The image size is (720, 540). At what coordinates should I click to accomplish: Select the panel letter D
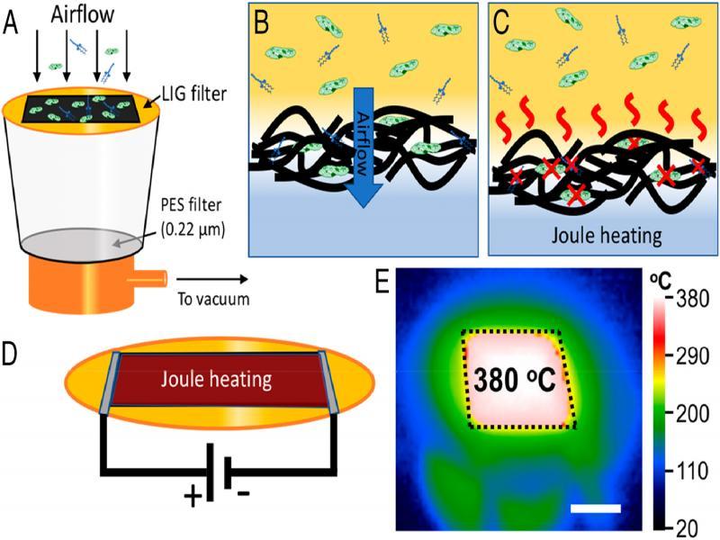13,355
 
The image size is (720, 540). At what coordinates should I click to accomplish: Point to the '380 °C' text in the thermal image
516,379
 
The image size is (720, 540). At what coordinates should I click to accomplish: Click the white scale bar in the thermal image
596,508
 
